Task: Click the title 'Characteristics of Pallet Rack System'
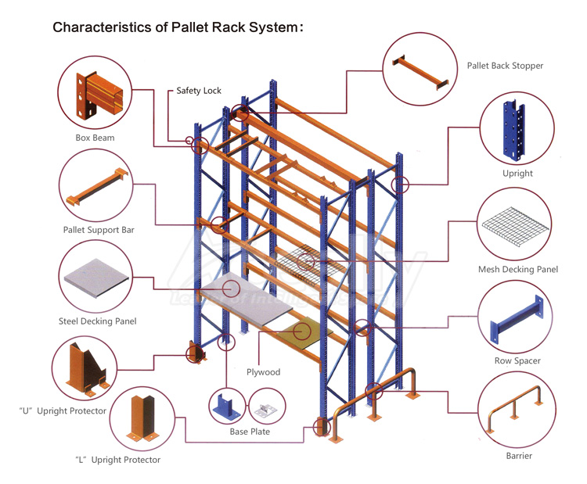pos(178,27)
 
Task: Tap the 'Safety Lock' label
pos(199,91)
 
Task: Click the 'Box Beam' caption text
pos(95,138)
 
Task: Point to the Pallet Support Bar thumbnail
pos(98,186)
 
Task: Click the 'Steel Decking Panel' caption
pos(98,321)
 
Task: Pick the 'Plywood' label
pos(263,372)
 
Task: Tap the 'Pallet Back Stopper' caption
pos(505,66)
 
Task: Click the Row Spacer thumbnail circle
pos(517,318)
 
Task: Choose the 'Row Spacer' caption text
pos(517,361)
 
